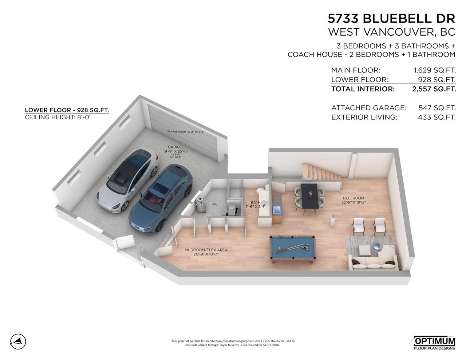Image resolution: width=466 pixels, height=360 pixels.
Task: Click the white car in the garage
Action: (127, 178)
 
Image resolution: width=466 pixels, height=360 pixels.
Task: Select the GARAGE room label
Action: (175, 147)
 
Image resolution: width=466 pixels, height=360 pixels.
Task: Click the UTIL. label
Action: (215, 205)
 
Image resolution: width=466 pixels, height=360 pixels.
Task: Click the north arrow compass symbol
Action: (18, 341)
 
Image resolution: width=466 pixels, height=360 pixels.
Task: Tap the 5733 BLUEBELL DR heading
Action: (391, 18)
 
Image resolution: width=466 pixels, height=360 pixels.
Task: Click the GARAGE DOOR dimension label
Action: (185, 132)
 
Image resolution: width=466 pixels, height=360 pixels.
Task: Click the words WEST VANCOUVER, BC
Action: (391, 32)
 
